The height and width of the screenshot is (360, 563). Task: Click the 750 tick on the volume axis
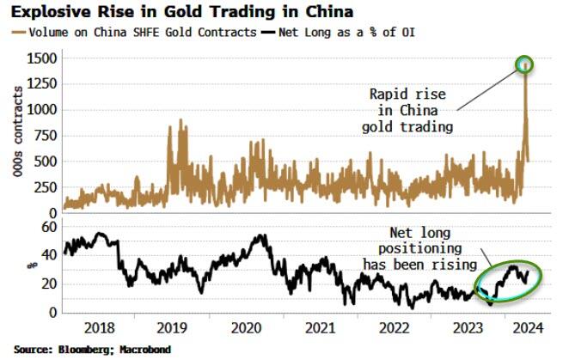43,136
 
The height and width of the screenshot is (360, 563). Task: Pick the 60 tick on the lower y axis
49,225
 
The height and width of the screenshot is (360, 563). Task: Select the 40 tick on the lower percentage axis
49,254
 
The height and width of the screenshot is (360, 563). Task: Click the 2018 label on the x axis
101,327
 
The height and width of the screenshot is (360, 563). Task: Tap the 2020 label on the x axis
247,327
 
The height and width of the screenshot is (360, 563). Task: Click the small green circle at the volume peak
524,64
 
